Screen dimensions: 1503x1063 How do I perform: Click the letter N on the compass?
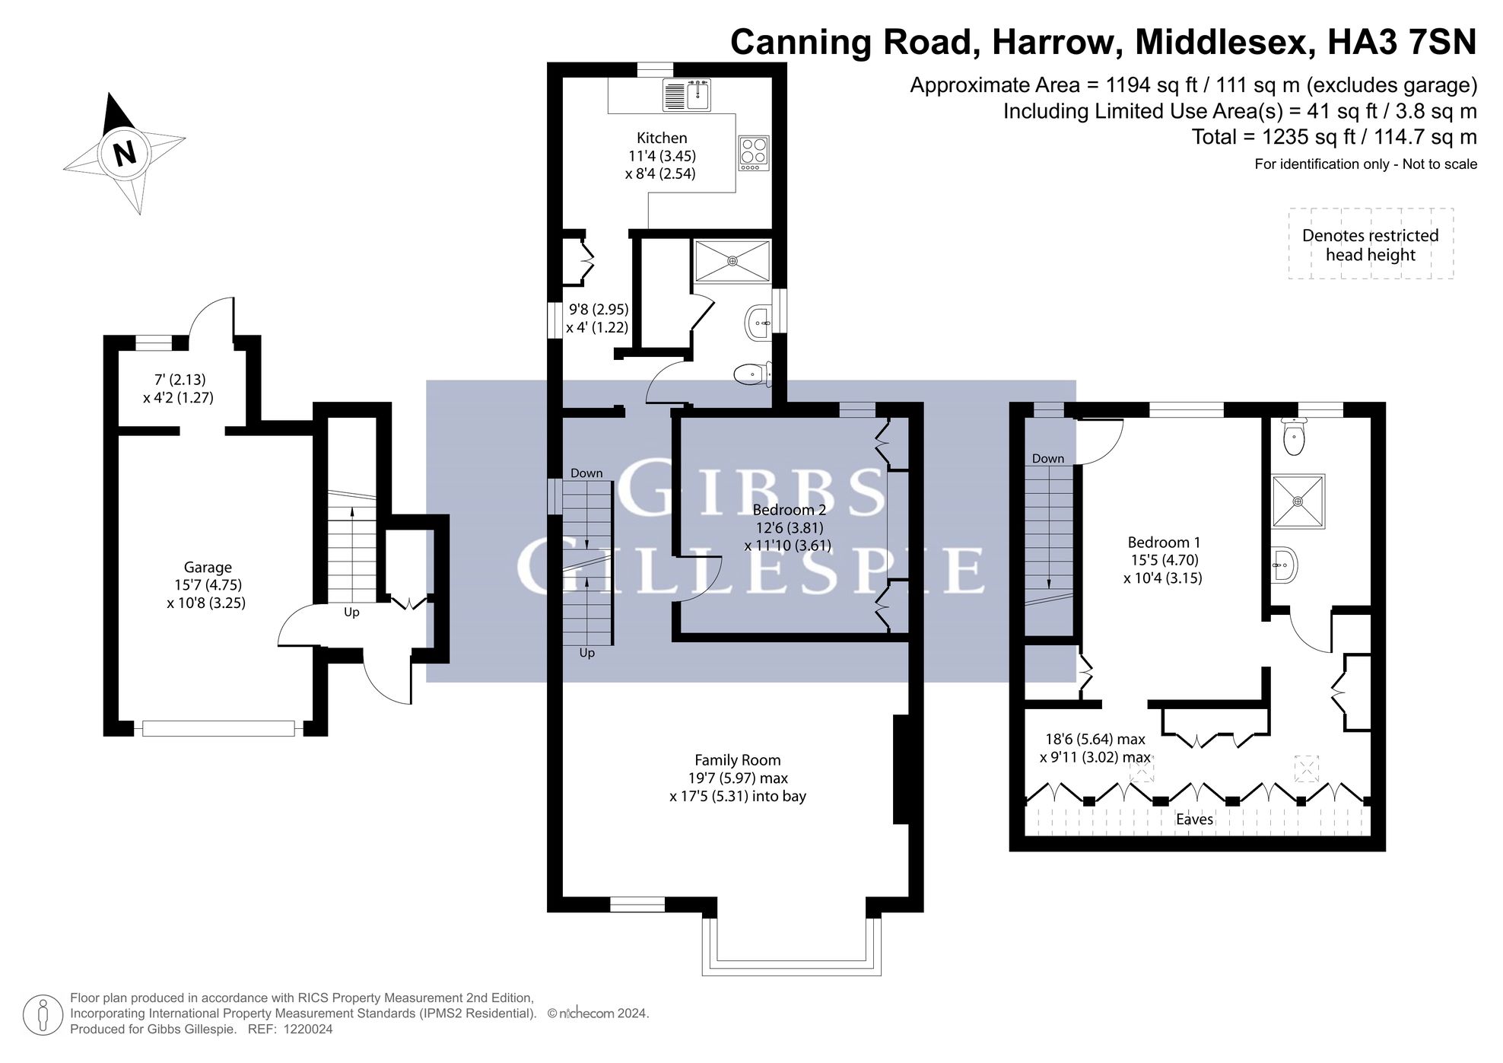click(x=125, y=153)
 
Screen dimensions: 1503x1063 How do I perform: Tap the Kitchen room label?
click(x=662, y=138)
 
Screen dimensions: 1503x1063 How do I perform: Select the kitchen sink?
click(x=688, y=95)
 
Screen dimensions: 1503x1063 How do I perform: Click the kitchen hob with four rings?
click(x=754, y=153)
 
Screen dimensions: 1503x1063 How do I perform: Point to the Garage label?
click(x=208, y=567)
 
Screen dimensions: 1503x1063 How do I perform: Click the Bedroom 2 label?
click(x=789, y=510)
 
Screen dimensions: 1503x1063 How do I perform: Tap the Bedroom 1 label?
click(x=1164, y=543)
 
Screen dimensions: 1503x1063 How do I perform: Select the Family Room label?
click(x=738, y=760)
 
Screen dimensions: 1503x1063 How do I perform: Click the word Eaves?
click(x=1194, y=820)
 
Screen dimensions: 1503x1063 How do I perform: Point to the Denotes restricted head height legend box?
click(x=1371, y=243)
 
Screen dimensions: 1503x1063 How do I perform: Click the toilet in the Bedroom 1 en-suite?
click(x=1293, y=436)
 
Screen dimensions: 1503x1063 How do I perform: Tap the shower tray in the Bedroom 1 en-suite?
click(x=1298, y=501)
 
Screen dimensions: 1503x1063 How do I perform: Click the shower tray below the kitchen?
click(x=732, y=261)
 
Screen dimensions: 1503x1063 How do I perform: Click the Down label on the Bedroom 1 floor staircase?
click(x=1048, y=458)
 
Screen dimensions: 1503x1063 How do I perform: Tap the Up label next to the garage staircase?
click(x=351, y=613)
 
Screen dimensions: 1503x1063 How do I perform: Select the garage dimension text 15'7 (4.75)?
click(x=208, y=585)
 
